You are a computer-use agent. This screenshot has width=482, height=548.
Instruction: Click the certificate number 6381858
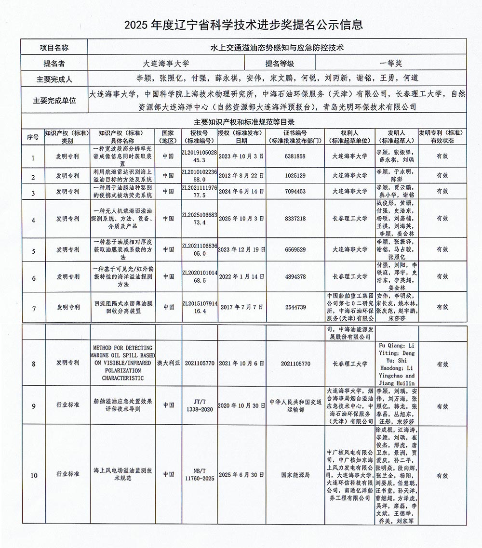click(295, 157)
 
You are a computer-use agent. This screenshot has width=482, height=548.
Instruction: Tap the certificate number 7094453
click(295, 191)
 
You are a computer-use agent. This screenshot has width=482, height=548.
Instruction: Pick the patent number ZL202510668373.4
click(200, 218)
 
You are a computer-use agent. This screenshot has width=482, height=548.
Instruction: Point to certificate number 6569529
click(295, 249)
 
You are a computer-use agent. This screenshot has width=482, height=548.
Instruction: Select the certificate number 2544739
click(295, 307)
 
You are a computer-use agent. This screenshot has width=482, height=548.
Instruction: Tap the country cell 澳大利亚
click(168, 364)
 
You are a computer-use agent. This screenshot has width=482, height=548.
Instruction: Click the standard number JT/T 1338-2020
click(200, 406)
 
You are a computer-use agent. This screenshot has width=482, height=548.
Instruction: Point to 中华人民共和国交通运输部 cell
click(295, 406)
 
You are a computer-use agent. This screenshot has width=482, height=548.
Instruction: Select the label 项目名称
click(54, 48)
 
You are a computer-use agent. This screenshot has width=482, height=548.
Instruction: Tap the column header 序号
click(33, 137)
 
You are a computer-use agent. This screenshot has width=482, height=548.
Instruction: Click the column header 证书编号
click(295, 137)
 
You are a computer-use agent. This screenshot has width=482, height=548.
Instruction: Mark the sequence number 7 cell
click(33, 307)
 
